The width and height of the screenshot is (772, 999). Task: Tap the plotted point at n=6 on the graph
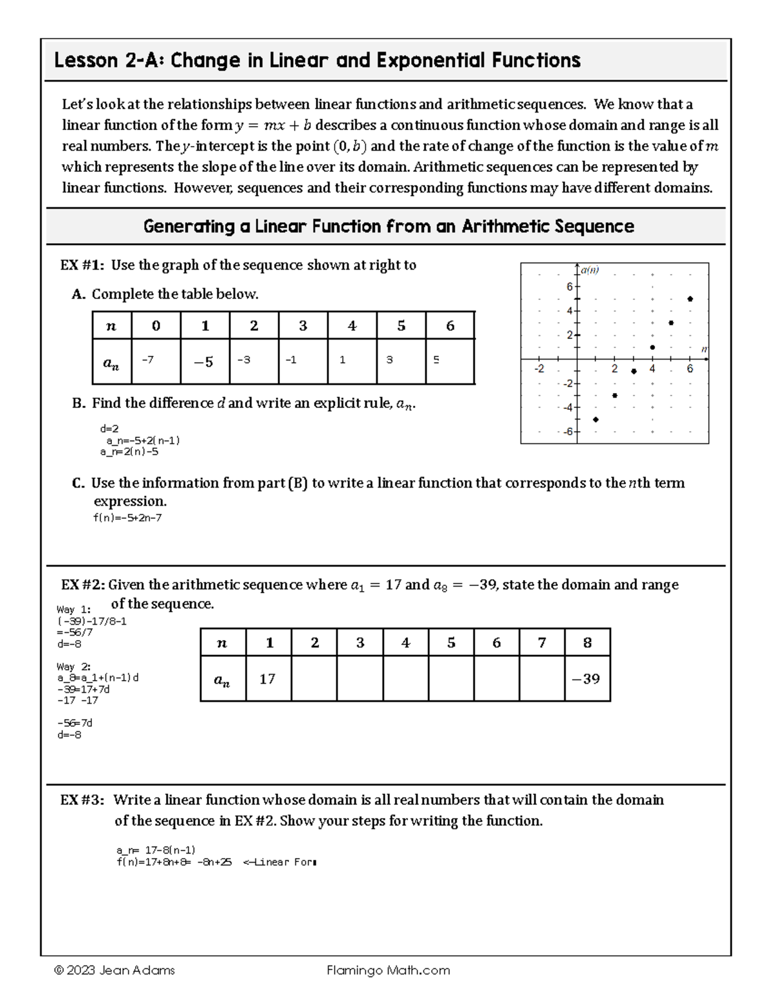pos(690,298)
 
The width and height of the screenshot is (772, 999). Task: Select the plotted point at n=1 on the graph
pos(596,419)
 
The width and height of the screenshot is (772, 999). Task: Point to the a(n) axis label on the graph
pos(589,270)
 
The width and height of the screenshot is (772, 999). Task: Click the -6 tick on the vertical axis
pos(568,432)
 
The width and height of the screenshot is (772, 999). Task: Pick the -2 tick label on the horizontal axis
pos(539,369)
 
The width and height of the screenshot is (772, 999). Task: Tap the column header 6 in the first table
pos(450,326)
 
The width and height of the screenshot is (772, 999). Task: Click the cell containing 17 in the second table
pos(267,679)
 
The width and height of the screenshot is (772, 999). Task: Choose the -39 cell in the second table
pos(587,679)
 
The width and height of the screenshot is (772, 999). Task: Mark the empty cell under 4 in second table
pos(405,679)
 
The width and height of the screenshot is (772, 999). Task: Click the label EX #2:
pos(83,585)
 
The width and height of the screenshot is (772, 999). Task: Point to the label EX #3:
pos(82,800)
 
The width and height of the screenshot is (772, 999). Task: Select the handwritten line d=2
pos(109,428)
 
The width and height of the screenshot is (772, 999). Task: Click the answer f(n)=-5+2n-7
pos(127,517)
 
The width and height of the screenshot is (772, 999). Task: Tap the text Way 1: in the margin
pos(73,609)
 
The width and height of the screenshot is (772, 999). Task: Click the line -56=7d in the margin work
pos(75,722)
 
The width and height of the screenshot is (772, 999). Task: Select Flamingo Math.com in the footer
pos(388,970)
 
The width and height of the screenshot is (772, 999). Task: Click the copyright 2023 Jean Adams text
pos(115,970)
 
